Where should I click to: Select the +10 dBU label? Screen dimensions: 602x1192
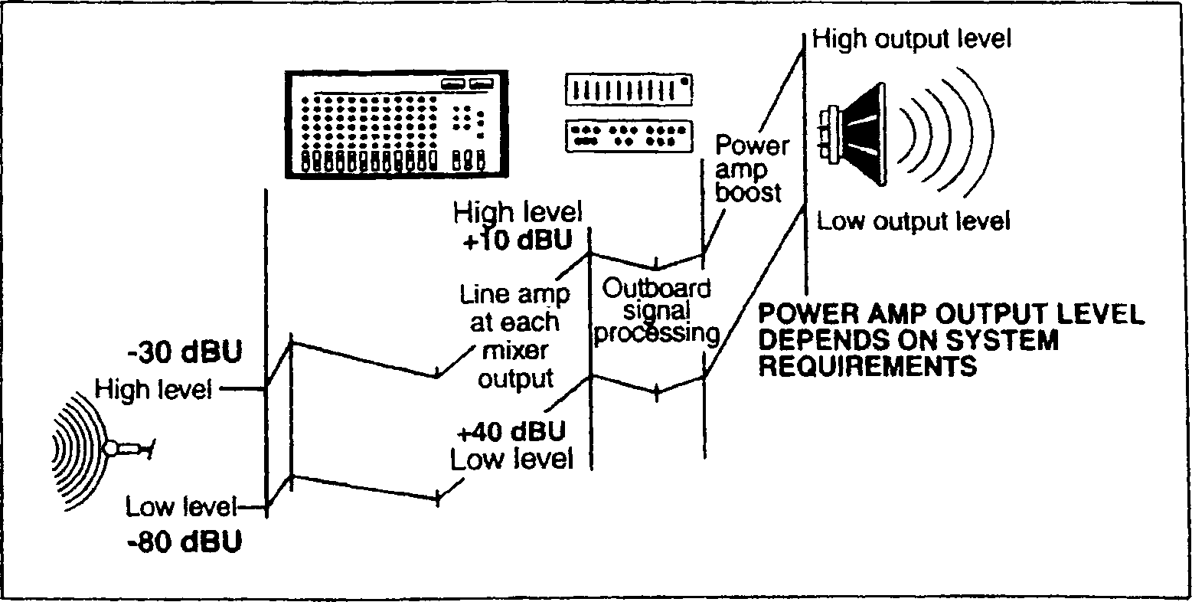(x=518, y=240)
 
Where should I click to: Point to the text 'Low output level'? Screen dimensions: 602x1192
(x=913, y=221)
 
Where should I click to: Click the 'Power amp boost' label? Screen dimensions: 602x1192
(x=750, y=168)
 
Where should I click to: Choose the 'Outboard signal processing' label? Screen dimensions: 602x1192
(x=656, y=311)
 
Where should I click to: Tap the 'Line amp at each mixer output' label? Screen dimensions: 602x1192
(x=514, y=336)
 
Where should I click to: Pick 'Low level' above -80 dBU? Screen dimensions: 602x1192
(x=181, y=507)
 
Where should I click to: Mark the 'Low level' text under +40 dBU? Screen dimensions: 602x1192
(x=511, y=460)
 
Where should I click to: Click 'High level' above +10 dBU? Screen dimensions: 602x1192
(x=518, y=211)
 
